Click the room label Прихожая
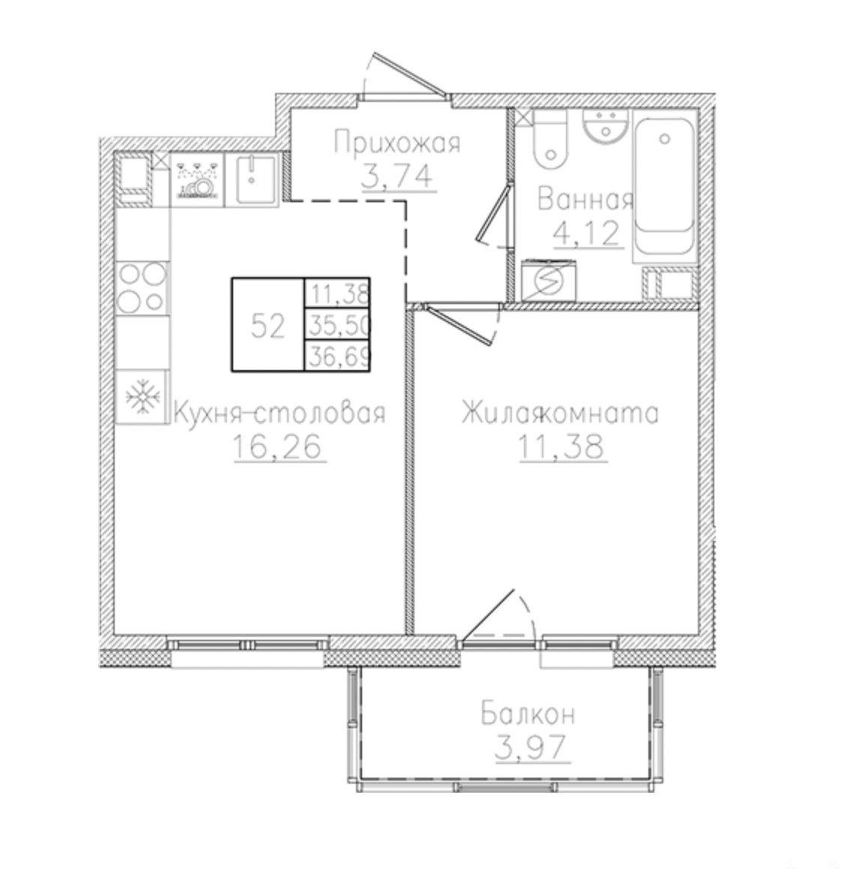(397, 142)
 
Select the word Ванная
(585, 200)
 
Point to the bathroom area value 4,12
(587, 232)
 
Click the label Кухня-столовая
(280, 413)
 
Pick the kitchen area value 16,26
(279, 446)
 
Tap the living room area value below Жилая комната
(561, 446)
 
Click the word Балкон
(528, 714)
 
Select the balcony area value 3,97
(531, 747)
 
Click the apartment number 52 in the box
(268, 327)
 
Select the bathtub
(664, 186)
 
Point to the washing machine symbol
(549, 280)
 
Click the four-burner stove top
(142, 288)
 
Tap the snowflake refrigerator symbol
(142, 397)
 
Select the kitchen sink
(252, 179)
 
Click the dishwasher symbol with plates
(197, 179)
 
